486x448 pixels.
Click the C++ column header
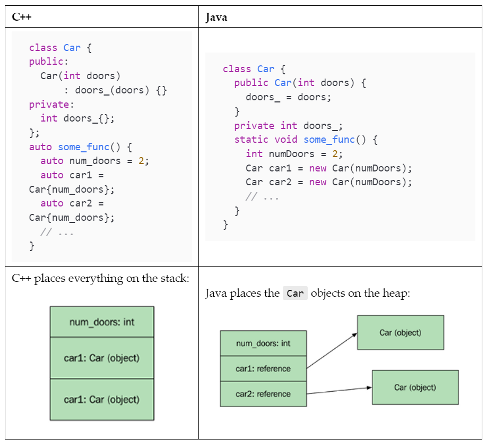click(22, 17)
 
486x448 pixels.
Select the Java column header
click(216, 17)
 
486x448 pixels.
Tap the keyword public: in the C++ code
click(46, 62)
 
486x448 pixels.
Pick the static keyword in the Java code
click(251, 140)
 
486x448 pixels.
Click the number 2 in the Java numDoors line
click(335, 154)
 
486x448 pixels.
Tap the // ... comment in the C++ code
click(57, 232)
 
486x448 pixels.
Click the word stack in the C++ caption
click(172, 278)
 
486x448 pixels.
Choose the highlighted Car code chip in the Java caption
click(295, 293)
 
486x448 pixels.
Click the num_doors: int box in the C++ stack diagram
click(102, 322)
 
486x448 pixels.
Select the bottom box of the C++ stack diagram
click(102, 400)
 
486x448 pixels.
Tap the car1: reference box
click(263, 368)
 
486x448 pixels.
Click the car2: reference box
click(263, 394)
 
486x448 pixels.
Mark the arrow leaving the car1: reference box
click(332, 351)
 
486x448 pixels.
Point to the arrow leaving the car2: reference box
click(340, 391)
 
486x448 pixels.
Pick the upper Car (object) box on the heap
click(400, 333)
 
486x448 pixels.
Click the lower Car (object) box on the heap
click(415, 387)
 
